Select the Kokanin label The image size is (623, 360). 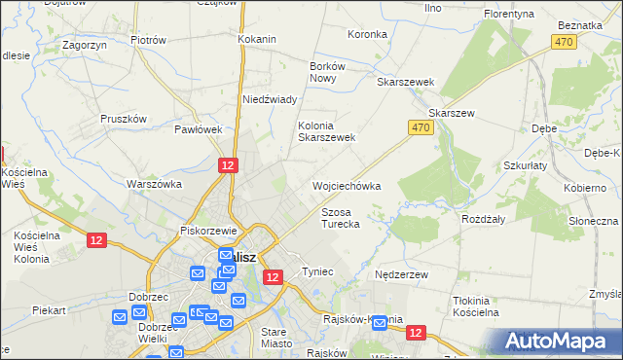257,40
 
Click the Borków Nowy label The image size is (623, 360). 322,71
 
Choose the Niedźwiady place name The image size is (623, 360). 269,99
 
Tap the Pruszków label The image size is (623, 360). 124,119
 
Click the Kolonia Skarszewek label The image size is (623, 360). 326,131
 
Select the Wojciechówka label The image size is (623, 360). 346,185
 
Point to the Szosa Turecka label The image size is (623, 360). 341,218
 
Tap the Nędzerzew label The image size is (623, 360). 402,275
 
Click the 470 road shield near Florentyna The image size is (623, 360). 563,42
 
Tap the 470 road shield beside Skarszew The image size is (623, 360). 420,127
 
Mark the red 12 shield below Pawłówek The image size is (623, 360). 227,166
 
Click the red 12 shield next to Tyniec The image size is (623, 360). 274,277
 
